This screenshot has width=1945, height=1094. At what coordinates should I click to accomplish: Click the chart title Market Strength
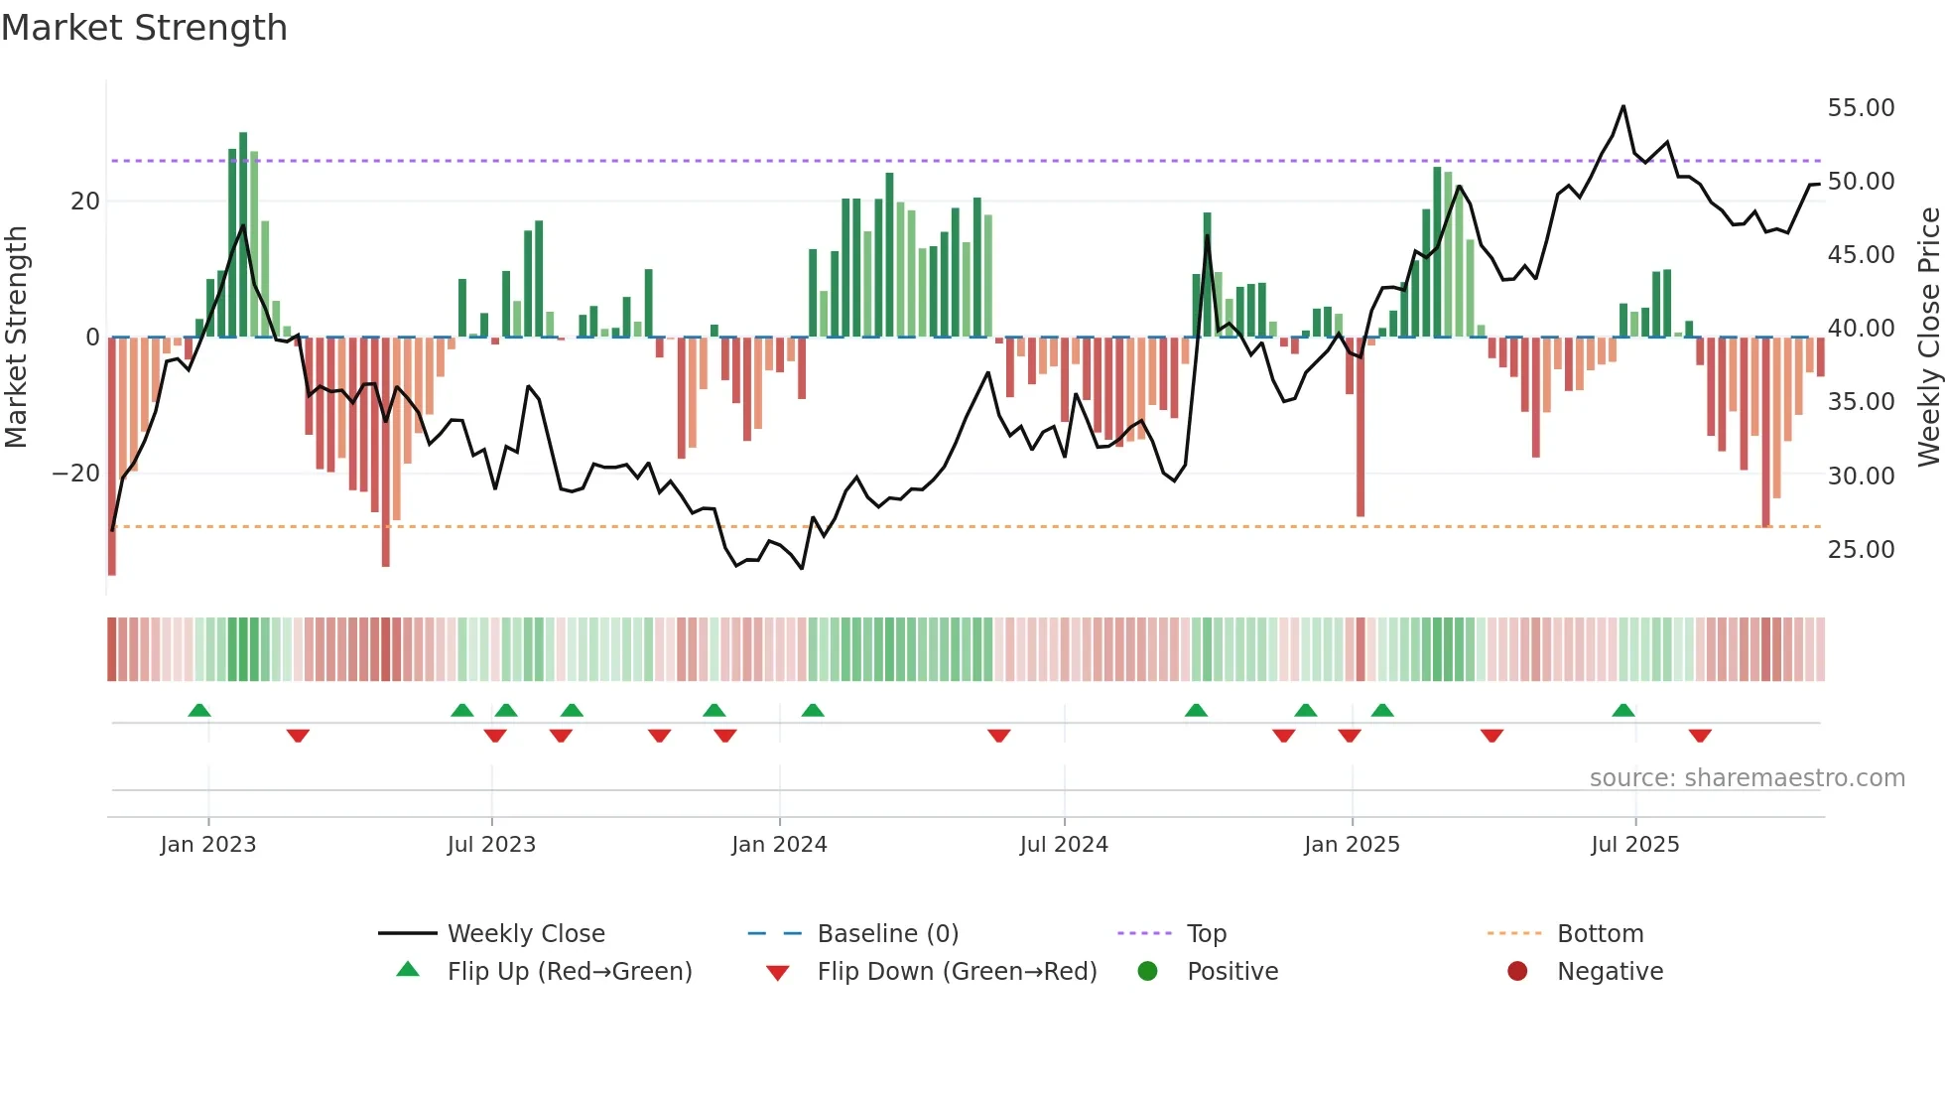(144, 28)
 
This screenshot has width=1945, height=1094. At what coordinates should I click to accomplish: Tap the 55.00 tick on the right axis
(1861, 108)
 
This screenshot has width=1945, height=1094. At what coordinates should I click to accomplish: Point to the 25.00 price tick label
(1861, 550)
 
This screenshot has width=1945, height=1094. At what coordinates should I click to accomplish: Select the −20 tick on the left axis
(76, 474)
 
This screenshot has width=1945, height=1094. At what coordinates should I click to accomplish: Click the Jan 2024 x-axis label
(779, 845)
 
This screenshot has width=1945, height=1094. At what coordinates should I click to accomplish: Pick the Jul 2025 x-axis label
(1634, 845)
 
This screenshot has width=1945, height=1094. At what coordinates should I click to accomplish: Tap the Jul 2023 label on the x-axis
(491, 845)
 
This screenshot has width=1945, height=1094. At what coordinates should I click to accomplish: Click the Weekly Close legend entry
(525, 934)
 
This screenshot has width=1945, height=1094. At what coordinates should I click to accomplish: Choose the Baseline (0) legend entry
(887, 934)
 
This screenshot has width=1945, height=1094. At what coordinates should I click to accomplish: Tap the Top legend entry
(1206, 934)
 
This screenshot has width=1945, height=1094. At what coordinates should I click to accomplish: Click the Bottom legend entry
(1600, 934)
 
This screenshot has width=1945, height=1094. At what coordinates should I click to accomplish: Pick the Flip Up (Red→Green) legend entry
(569, 972)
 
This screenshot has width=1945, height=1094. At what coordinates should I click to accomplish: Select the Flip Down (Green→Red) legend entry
(957, 972)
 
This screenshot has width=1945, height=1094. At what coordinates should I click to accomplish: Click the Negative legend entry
(1609, 972)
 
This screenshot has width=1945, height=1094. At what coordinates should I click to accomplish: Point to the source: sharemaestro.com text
(1747, 778)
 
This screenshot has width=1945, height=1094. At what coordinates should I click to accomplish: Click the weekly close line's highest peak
(1623, 106)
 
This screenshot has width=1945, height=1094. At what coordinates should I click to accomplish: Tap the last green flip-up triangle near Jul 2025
(1623, 711)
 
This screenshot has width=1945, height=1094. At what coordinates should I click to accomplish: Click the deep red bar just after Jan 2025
(1361, 427)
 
